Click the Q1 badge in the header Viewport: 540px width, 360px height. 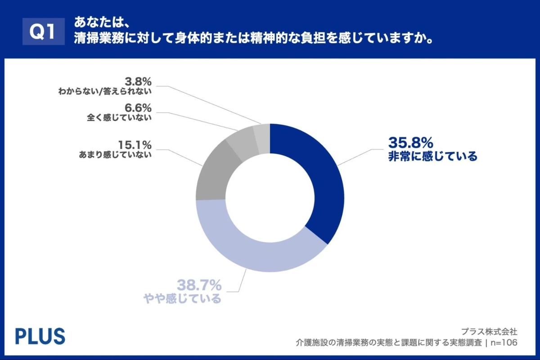(x=44, y=31)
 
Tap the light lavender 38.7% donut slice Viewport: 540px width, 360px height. (x=252, y=252)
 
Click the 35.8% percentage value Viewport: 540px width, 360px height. (x=410, y=143)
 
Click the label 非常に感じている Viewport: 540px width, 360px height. (x=432, y=157)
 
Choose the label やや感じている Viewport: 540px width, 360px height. (x=182, y=298)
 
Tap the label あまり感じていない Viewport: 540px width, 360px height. (x=115, y=155)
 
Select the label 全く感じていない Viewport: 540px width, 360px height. (x=119, y=118)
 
